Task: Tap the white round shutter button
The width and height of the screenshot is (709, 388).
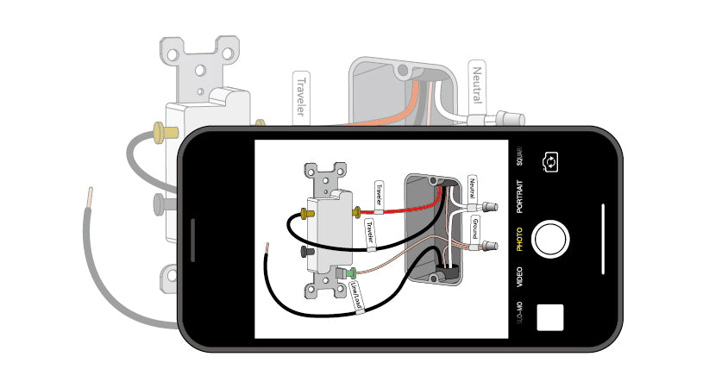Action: (550, 239)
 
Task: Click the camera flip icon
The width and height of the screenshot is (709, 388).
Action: (549, 161)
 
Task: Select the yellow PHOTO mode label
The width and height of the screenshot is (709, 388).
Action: (519, 239)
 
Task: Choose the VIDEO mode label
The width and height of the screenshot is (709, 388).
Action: (519, 276)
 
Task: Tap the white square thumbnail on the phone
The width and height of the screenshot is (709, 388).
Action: (549, 317)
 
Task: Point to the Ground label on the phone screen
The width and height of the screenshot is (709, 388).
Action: (474, 228)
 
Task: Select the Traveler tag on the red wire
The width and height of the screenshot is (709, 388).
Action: (377, 194)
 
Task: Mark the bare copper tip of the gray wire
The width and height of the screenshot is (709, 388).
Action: (89, 197)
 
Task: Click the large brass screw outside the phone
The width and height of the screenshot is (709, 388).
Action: (159, 132)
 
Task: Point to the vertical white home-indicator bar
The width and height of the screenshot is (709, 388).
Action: (603, 239)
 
